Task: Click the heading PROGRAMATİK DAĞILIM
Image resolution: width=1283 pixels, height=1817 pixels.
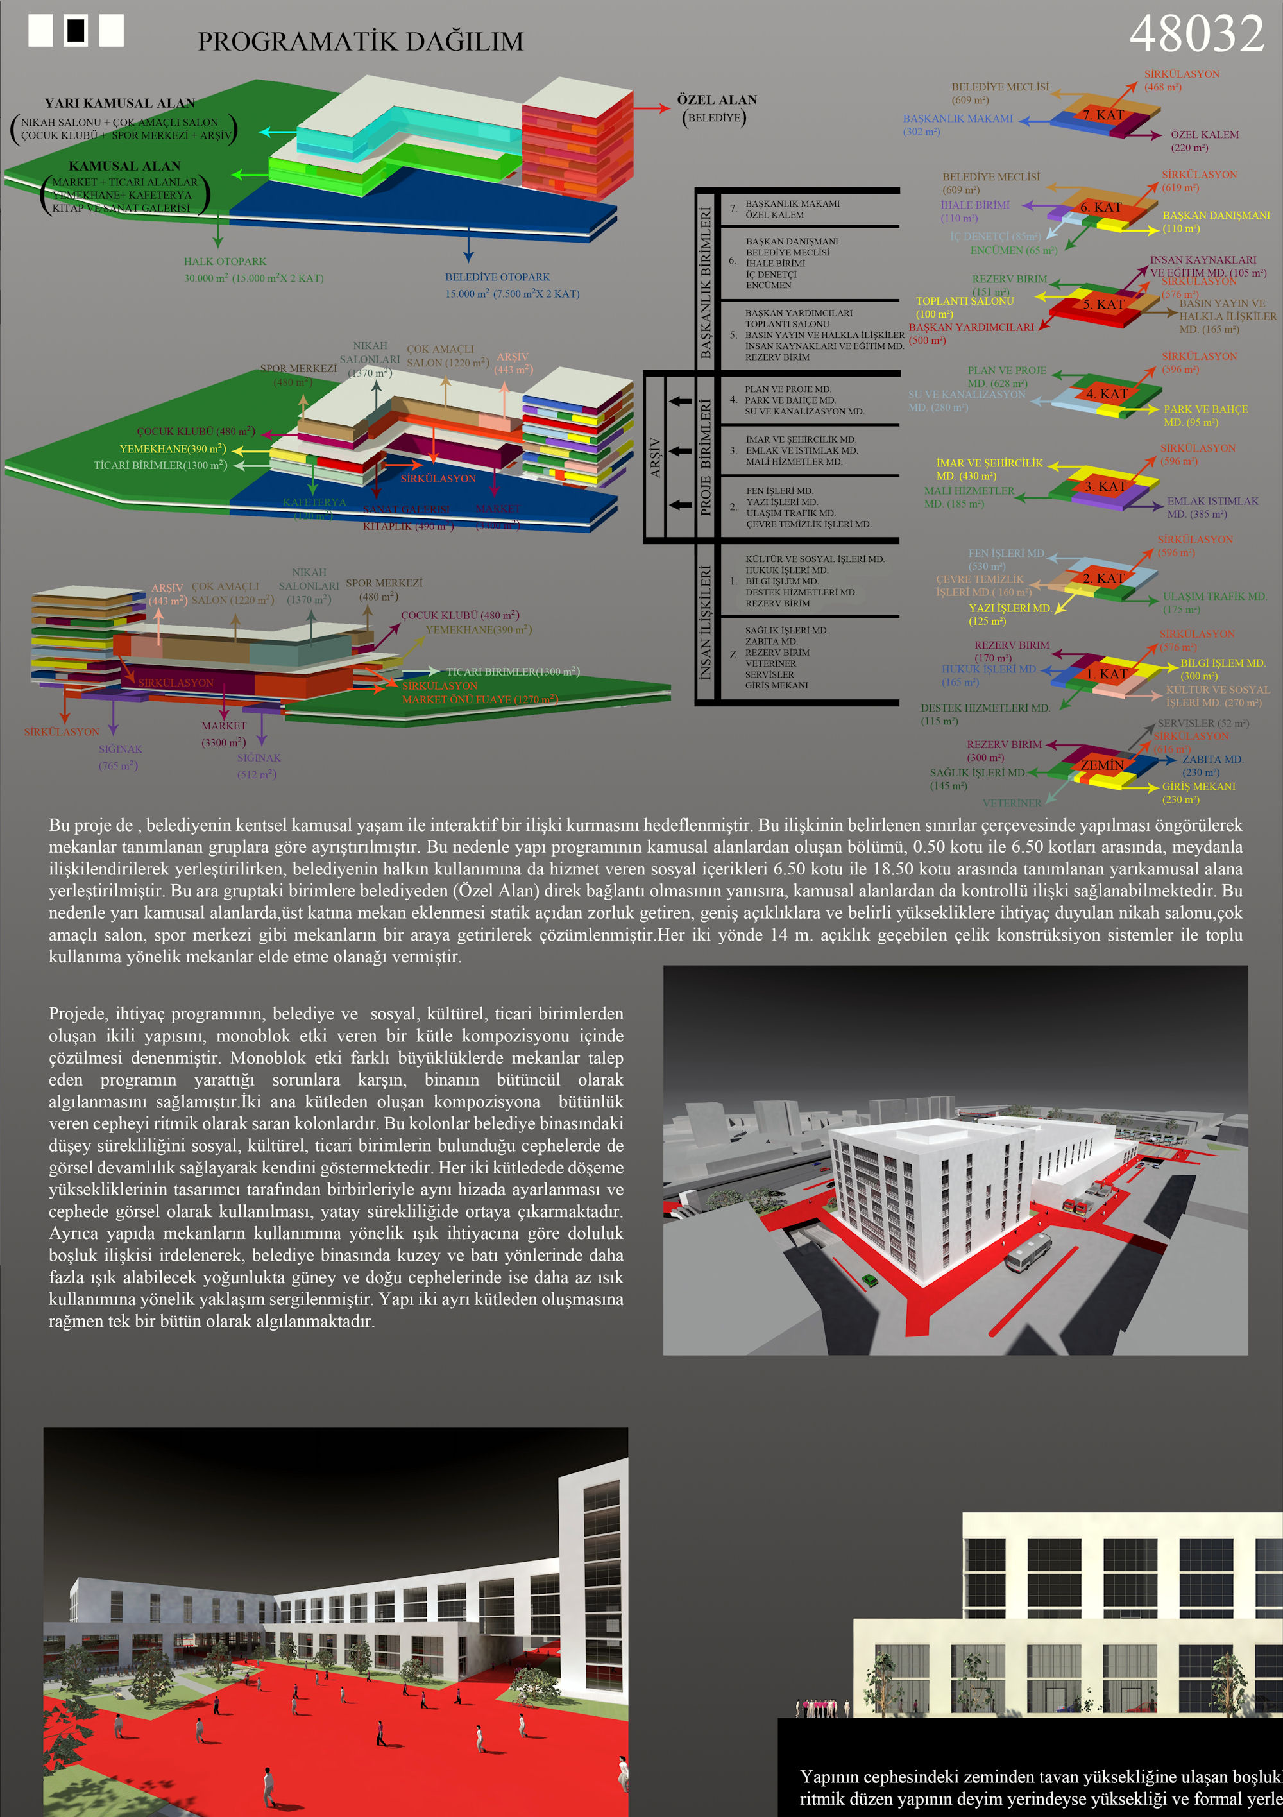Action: click(x=360, y=42)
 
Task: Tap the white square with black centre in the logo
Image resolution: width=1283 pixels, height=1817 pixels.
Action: click(x=76, y=30)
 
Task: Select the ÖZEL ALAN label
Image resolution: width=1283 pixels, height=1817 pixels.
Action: click(x=717, y=99)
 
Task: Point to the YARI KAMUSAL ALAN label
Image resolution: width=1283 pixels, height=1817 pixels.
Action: click(x=119, y=103)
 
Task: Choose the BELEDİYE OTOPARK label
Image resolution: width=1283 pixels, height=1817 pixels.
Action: click(x=497, y=277)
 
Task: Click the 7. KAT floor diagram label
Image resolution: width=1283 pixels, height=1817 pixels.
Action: click(x=1103, y=115)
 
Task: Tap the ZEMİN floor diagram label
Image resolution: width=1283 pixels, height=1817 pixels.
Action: click(x=1101, y=765)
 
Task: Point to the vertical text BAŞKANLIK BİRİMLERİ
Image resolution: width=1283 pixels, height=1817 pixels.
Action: click(x=705, y=282)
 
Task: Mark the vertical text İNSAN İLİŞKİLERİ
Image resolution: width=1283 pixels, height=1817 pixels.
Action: click(x=705, y=622)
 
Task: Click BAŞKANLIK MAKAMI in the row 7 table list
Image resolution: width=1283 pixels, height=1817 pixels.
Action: click(x=792, y=203)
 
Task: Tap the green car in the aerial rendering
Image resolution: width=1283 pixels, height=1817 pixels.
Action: click(x=870, y=1279)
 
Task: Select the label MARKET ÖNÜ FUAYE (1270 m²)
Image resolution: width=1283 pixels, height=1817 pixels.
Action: click(x=480, y=699)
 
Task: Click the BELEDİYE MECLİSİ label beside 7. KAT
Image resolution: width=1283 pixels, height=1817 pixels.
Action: click(x=999, y=87)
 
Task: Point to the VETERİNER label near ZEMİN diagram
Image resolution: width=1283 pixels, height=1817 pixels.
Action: click(x=1012, y=803)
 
